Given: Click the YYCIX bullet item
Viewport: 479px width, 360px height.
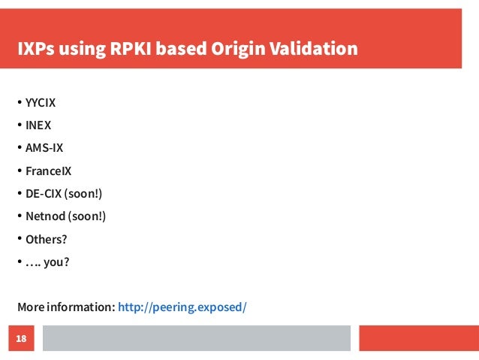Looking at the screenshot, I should (41, 102).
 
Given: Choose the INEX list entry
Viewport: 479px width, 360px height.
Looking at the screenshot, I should (38, 125).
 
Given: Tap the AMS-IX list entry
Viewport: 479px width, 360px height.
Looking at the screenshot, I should (44, 148).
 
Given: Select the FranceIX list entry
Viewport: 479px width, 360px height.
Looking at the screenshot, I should (48, 171).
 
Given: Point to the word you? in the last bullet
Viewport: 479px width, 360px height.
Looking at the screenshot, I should (61, 262).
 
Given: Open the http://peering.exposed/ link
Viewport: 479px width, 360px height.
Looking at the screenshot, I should (182, 307).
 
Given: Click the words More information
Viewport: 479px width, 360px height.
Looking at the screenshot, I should (66, 307).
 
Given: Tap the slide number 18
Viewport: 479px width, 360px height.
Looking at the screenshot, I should (21, 340).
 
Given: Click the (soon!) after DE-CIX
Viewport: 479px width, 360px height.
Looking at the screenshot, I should (83, 194).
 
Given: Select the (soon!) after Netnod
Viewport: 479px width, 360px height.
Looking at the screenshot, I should (87, 216).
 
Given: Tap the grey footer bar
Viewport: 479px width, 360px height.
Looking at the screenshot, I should (196, 339).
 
